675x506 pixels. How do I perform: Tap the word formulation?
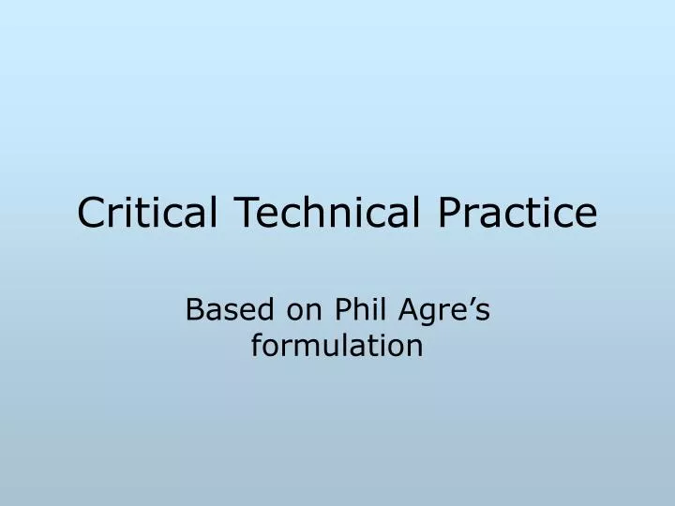click(337, 347)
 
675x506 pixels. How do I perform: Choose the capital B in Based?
click(194, 310)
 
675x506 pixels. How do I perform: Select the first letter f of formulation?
click(256, 346)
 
